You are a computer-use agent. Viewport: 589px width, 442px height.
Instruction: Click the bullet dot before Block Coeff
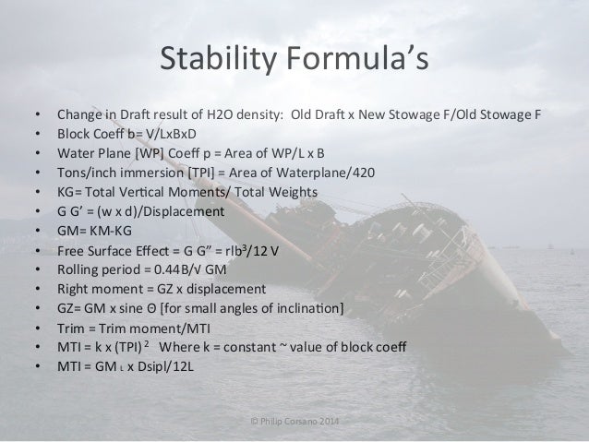[37, 135]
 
